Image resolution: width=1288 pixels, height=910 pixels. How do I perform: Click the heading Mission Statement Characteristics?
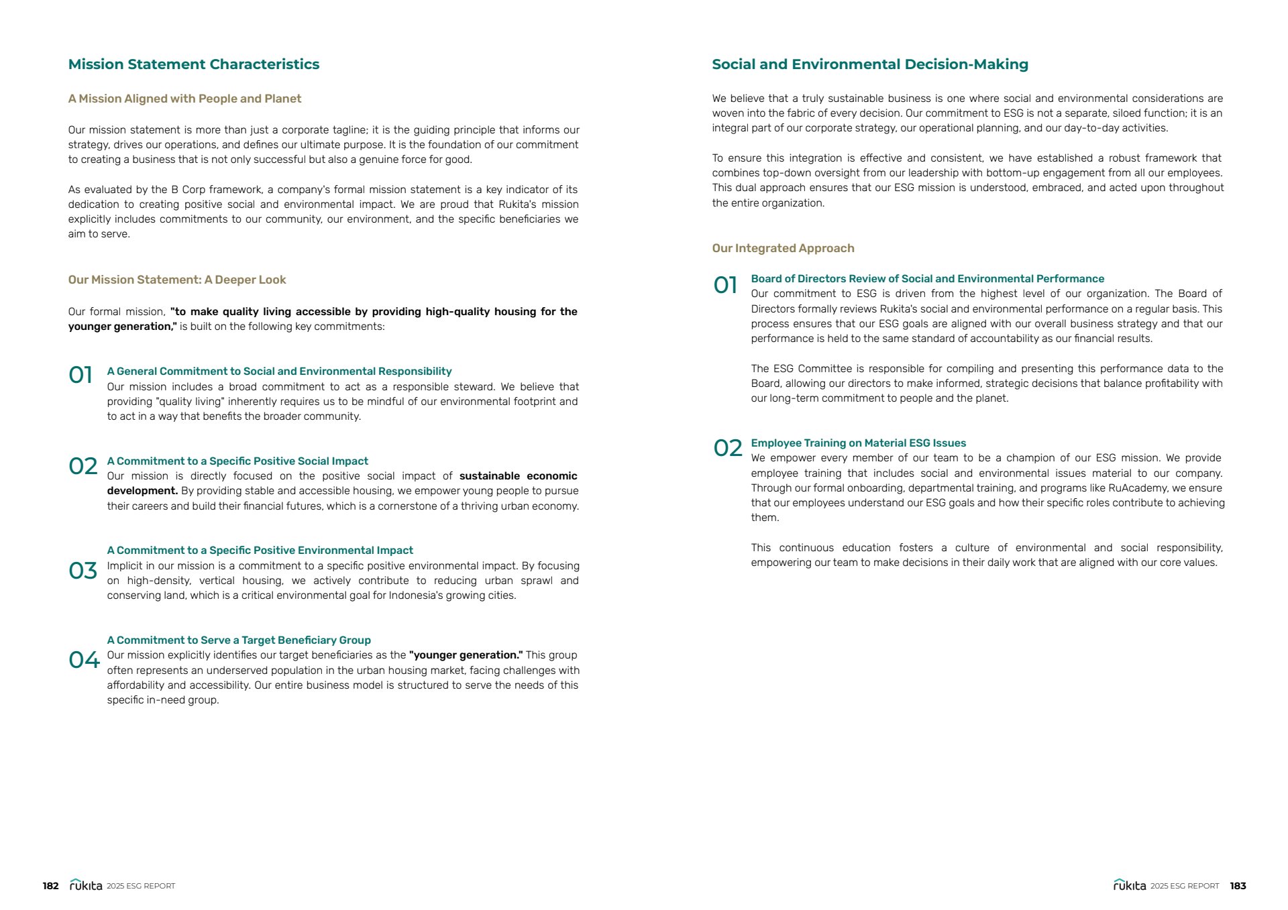(x=193, y=64)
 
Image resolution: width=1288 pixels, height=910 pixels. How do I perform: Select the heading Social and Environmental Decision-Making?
(x=869, y=64)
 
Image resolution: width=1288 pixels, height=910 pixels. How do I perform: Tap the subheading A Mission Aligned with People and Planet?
(x=184, y=99)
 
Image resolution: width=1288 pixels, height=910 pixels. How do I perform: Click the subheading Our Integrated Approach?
(x=783, y=248)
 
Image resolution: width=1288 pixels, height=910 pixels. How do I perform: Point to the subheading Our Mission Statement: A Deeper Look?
(x=177, y=280)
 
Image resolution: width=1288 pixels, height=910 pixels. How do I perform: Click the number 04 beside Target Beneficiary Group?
(x=84, y=660)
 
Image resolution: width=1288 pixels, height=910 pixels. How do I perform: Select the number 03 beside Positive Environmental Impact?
(x=83, y=571)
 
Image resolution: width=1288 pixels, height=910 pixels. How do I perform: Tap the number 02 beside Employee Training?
(x=728, y=448)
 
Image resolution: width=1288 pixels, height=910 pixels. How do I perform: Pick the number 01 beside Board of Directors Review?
(x=725, y=285)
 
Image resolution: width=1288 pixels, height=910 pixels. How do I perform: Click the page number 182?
(x=50, y=886)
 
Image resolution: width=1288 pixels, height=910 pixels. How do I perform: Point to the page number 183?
(x=1238, y=886)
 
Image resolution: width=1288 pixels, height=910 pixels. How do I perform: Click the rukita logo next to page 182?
(x=86, y=885)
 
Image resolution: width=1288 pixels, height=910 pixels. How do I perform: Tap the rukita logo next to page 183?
(x=1130, y=885)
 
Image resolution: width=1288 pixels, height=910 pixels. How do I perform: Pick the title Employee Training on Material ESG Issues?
(x=858, y=443)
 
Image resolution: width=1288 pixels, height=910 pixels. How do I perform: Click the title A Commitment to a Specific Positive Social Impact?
(x=237, y=461)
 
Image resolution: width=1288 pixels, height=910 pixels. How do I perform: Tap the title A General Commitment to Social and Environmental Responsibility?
(x=279, y=372)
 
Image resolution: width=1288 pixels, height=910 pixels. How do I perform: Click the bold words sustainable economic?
(x=518, y=476)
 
